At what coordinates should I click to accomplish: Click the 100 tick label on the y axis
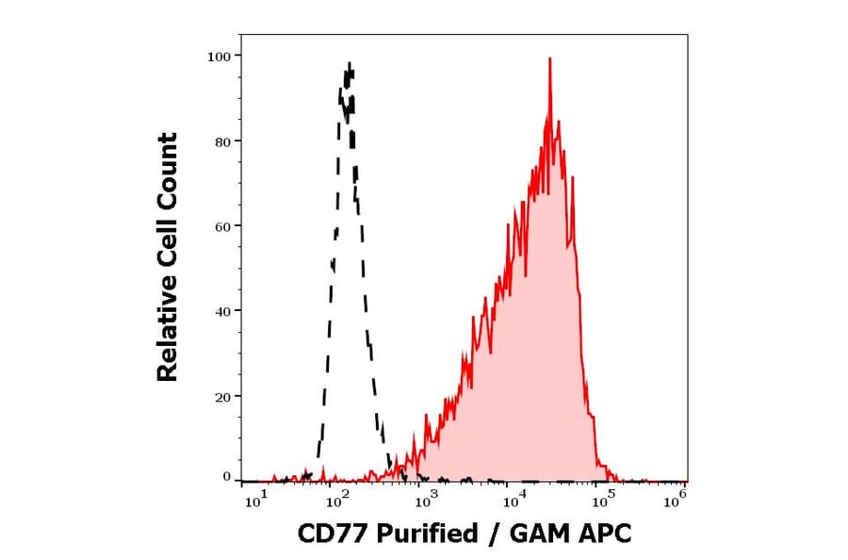point(219,57)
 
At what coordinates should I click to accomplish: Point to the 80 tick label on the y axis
point(221,141)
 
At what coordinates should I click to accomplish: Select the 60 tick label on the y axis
point(221,226)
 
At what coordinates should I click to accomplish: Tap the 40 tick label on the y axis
point(221,311)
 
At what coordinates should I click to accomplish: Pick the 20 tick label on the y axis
point(221,397)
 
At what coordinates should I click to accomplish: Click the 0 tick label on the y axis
point(226,477)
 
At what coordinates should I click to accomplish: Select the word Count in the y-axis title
point(168,166)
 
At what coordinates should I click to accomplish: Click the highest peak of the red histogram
point(549,58)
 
